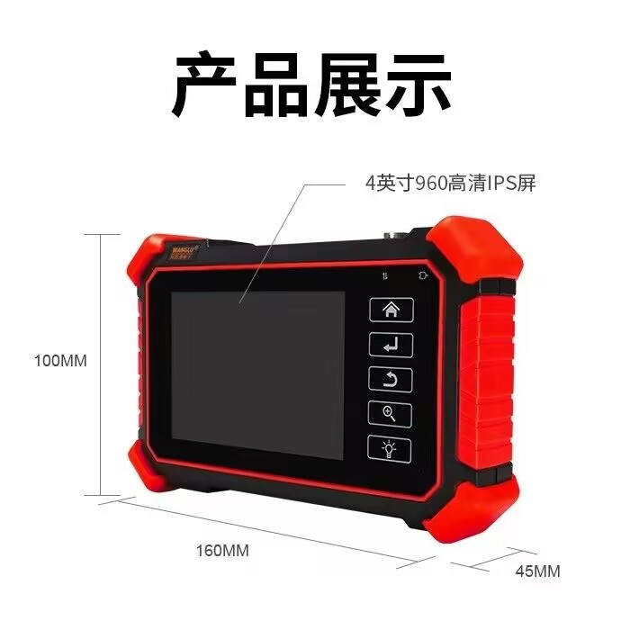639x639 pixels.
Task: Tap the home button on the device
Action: tap(390, 310)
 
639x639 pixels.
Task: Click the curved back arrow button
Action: tap(390, 380)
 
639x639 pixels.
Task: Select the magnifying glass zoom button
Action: tap(390, 414)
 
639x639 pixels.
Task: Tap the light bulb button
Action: tap(390, 448)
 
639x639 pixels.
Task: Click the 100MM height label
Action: tap(60, 361)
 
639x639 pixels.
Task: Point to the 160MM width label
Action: tap(222, 550)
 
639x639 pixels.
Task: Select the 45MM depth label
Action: tap(537, 571)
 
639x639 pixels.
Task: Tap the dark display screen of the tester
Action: tap(258, 373)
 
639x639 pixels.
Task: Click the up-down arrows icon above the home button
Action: tap(384, 276)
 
